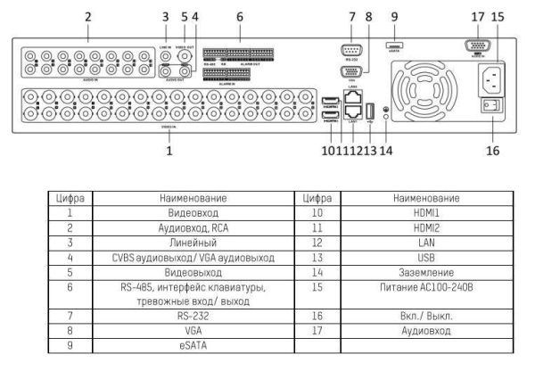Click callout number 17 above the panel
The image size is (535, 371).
478,16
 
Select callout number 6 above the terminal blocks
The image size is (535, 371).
239,16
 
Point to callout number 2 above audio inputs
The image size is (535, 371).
88,16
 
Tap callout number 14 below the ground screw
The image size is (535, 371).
387,151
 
